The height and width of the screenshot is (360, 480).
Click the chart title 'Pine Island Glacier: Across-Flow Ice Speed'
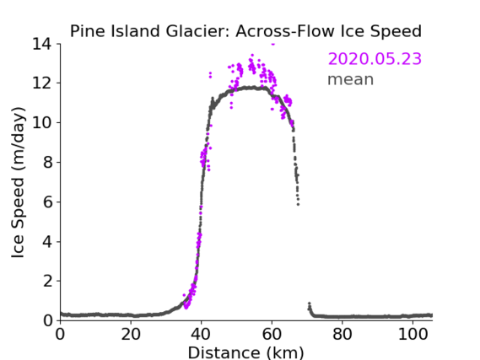pyautogui.click(x=245, y=31)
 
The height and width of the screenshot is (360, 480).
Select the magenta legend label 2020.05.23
pyautogui.click(x=375, y=59)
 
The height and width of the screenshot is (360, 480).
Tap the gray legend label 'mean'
pyautogui.click(x=351, y=79)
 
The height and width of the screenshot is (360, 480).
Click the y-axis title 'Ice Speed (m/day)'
pyautogui.click(x=18, y=182)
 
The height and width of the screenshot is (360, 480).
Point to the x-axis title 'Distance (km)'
pyautogui.click(x=245, y=352)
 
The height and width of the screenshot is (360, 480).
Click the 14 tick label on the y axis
pyautogui.click(x=42, y=44)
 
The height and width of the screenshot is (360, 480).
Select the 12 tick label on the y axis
pyautogui.click(x=42, y=83)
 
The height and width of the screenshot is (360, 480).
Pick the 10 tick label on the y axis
pyautogui.click(x=42, y=122)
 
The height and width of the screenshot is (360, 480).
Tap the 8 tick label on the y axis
pyautogui.click(x=47, y=162)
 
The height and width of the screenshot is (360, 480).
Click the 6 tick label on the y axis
pyautogui.click(x=47, y=201)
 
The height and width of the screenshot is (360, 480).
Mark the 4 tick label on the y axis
pyautogui.click(x=47, y=242)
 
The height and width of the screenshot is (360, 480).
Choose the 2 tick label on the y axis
pyautogui.click(x=47, y=281)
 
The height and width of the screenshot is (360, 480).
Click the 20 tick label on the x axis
pyautogui.click(x=131, y=335)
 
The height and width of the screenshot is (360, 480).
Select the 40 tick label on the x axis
pyautogui.click(x=201, y=335)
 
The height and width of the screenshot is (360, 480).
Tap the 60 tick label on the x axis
pyautogui.click(x=272, y=335)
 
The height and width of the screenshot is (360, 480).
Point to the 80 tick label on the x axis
pyautogui.click(x=342, y=335)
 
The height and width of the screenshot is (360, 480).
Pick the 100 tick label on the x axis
pyautogui.click(x=413, y=335)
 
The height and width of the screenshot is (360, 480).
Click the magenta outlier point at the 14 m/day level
pyautogui.click(x=273, y=44)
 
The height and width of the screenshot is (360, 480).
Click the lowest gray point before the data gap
pyautogui.click(x=298, y=204)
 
